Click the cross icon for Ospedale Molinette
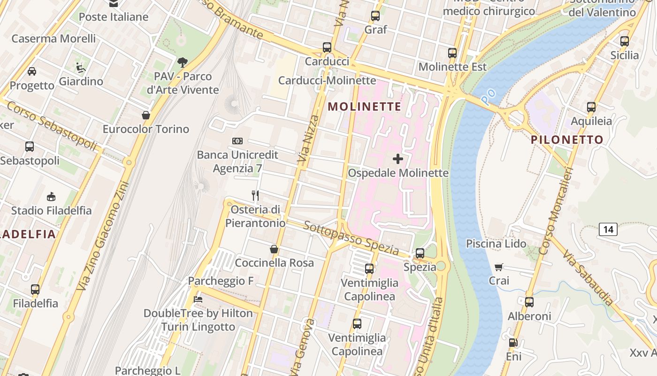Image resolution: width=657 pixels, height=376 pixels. [x=398, y=159]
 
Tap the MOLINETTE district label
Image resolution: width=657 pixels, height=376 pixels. [x=365, y=107]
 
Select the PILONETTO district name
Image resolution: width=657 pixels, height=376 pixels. [x=567, y=140]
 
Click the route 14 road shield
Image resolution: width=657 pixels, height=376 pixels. [x=608, y=229]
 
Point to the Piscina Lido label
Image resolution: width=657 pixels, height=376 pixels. [x=496, y=243]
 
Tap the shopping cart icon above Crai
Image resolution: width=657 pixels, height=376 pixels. [x=499, y=267]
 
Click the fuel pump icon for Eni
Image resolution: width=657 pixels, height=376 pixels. [x=513, y=343]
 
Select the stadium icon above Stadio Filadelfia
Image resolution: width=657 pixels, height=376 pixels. [x=51, y=196]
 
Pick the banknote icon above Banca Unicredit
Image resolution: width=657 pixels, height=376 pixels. [x=237, y=141]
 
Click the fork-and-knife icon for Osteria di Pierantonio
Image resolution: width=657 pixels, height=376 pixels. [x=255, y=195]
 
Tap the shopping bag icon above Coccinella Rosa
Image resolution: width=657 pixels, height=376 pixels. [x=274, y=249]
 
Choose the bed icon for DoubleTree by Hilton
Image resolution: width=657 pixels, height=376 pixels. [x=198, y=299]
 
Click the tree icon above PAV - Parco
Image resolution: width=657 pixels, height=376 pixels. [x=182, y=62]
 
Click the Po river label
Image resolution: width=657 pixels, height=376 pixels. [x=489, y=96]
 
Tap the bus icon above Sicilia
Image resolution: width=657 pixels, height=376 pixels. [x=624, y=41]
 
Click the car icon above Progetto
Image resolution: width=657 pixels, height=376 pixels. [x=32, y=71]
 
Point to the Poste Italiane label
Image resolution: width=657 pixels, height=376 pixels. [x=114, y=17]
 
